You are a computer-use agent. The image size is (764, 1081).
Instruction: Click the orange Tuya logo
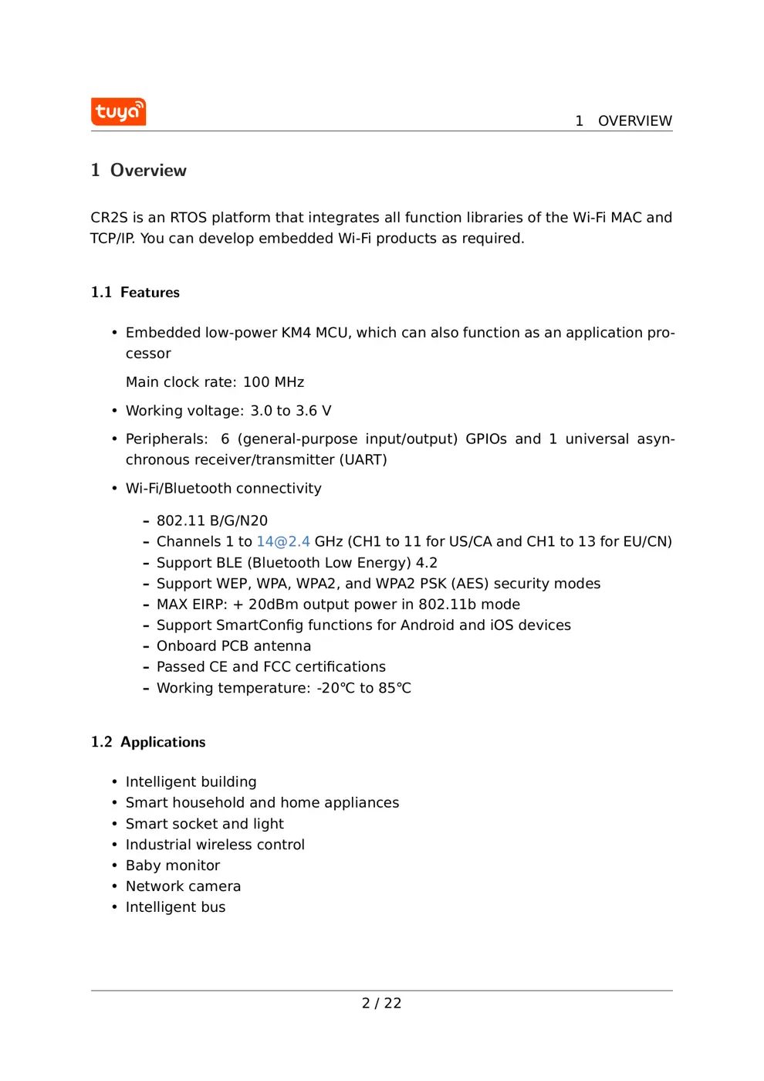(118, 112)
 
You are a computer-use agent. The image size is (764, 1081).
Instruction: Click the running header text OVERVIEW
(634, 121)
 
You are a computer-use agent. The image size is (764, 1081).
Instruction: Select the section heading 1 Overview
(139, 171)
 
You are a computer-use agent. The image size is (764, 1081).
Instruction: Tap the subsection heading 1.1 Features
(135, 293)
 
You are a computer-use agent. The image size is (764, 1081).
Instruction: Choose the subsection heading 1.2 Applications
(148, 742)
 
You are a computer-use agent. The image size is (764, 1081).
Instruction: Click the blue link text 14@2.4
(283, 542)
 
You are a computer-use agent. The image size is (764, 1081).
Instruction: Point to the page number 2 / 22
(381, 1003)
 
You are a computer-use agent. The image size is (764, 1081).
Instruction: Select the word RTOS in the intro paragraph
(188, 218)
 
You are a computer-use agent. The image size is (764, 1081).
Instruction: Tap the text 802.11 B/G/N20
(212, 521)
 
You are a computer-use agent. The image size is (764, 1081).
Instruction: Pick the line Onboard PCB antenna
(234, 646)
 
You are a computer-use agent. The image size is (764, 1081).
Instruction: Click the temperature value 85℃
(394, 688)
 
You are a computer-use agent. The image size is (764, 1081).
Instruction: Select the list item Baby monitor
(173, 866)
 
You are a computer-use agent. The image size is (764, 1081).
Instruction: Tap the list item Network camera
(183, 886)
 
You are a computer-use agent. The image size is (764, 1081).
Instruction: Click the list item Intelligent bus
(175, 907)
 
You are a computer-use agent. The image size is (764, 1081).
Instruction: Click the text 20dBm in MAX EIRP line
(273, 605)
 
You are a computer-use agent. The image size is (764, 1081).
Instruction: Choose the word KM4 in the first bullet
(296, 333)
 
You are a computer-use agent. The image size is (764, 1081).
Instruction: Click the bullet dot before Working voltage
(114, 411)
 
